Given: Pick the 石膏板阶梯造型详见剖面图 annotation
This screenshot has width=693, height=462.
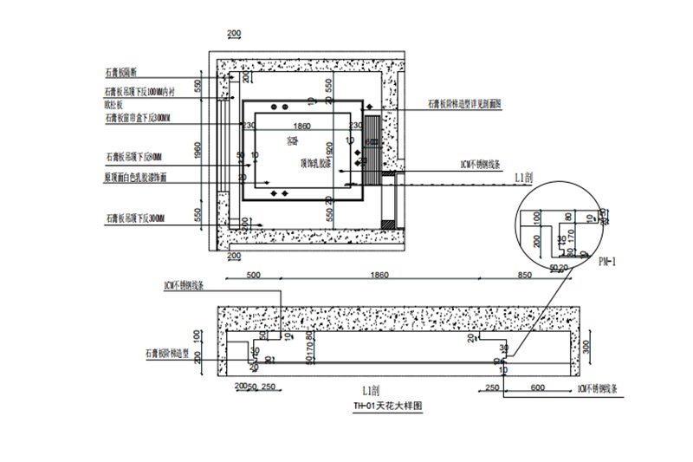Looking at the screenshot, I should [x=464, y=104].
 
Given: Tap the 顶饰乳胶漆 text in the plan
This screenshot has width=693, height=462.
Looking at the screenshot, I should [x=315, y=162].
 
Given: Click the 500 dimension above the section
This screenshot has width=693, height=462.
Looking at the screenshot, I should [x=253, y=275].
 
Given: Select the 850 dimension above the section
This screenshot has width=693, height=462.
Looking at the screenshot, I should [x=524, y=275].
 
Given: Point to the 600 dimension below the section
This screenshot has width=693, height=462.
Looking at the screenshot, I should [x=538, y=387].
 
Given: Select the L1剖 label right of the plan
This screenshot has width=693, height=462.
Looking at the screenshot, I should [x=523, y=177].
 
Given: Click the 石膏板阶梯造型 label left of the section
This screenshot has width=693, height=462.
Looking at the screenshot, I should [x=172, y=354].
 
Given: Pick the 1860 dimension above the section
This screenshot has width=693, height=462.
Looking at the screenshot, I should [x=379, y=275].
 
